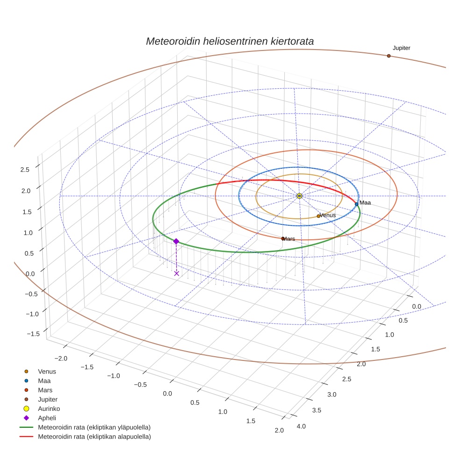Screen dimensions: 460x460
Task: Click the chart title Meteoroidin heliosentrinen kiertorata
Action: tap(230, 41)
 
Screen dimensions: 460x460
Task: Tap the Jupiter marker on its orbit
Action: tap(388, 56)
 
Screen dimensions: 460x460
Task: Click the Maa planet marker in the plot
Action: tap(356, 204)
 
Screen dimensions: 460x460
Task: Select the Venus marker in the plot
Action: tap(318, 216)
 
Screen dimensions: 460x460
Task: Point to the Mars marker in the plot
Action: tap(283, 238)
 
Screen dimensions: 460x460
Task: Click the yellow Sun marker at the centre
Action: tap(299, 196)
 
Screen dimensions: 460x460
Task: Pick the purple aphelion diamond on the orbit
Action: tap(176, 241)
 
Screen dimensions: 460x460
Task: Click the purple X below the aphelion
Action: tap(176, 273)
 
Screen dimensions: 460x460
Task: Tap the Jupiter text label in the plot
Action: tap(401, 48)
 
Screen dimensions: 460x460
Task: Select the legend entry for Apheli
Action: tap(47, 418)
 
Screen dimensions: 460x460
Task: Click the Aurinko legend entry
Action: tap(49, 409)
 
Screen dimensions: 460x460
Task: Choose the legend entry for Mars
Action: tap(45, 390)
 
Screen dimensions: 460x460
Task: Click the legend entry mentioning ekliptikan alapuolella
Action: tap(94, 437)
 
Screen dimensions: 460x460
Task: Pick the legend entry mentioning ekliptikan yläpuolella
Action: tap(94, 427)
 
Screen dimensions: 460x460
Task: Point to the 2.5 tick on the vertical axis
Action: tap(25, 169)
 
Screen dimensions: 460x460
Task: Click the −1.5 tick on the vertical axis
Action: tap(33, 334)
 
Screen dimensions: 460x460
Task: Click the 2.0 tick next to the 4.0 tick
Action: tap(279, 430)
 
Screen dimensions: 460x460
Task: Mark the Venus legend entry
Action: tap(47, 371)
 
